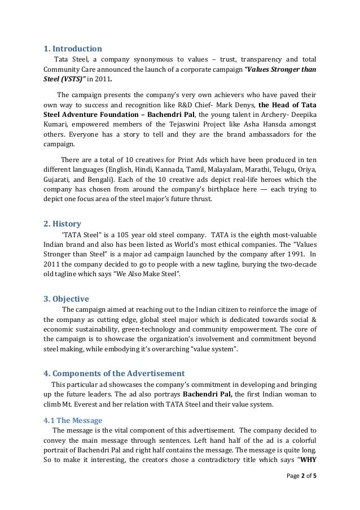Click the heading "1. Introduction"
pyautogui.click(x=73, y=49)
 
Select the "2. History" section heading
pyautogui.click(x=62, y=224)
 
